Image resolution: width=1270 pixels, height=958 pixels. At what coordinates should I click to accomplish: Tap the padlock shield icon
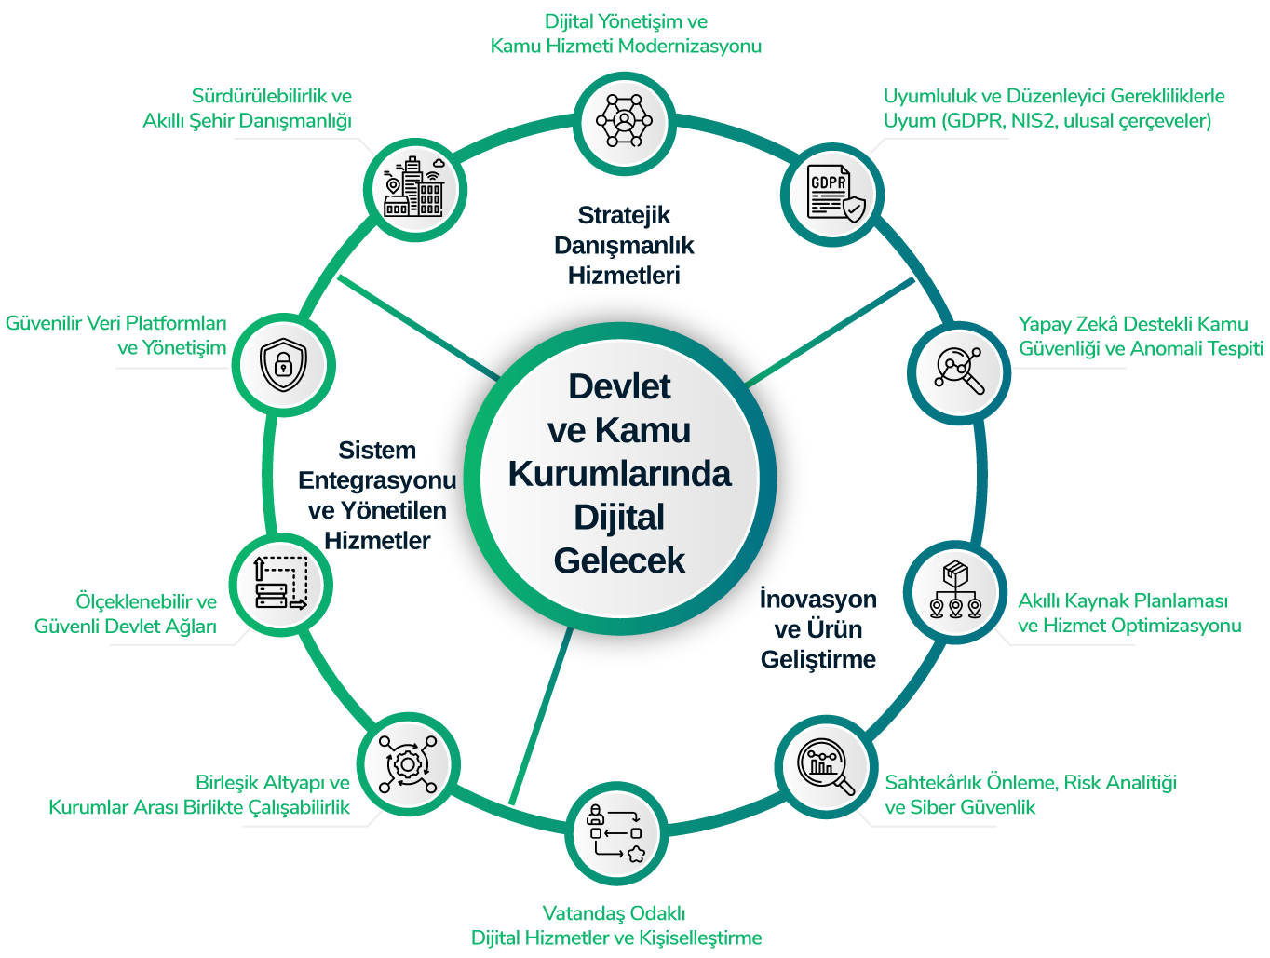click(x=282, y=363)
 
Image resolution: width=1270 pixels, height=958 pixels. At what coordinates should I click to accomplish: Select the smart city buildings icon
click(x=414, y=186)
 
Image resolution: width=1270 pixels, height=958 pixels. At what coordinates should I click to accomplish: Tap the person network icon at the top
click(x=623, y=120)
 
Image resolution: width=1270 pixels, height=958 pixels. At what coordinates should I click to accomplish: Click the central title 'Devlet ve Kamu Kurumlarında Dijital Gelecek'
click(x=620, y=473)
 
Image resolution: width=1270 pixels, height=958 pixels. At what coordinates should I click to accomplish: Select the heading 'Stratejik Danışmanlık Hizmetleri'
click(x=624, y=245)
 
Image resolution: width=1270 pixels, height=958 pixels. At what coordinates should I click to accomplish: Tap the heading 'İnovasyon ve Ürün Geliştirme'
click(x=817, y=628)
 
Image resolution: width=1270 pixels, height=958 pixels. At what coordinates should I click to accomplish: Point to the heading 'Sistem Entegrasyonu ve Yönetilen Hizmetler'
click(x=377, y=495)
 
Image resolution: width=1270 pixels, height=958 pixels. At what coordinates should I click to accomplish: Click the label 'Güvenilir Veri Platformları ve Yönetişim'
click(x=116, y=335)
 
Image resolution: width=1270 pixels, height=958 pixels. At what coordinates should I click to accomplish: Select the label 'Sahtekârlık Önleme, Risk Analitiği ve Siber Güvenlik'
click(x=1030, y=794)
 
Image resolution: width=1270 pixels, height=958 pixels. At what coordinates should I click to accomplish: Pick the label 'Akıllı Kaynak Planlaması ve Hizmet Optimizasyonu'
click(x=1128, y=613)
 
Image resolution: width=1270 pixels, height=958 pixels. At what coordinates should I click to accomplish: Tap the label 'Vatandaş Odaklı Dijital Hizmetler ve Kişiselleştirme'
click(x=615, y=925)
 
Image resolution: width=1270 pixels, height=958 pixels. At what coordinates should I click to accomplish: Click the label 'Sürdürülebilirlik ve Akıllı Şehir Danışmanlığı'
click(x=247, y=108)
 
